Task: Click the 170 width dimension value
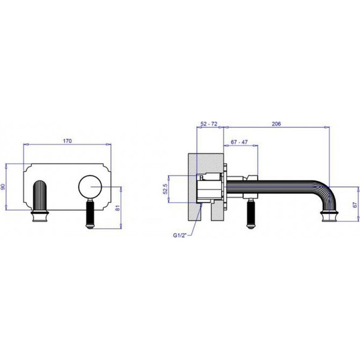click(x=68, y=141)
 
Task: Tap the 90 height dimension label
click(x=3, y=187)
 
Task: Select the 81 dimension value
click(x=117, y=208)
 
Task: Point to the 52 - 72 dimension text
click(x=208, y=124)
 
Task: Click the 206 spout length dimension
click(x=276, y=124)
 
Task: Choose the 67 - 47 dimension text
click(x=239, y=142)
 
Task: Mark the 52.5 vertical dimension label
click(x=165, y=189)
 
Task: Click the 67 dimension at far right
click(x=355, y=205)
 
